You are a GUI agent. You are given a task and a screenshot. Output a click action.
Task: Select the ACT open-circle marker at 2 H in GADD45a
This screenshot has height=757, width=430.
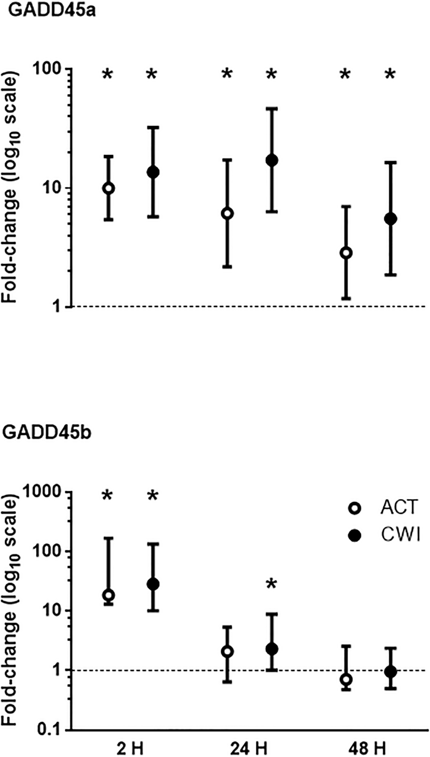coord(108,188)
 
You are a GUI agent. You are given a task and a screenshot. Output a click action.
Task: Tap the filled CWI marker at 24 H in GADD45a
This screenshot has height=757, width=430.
coord(272,160)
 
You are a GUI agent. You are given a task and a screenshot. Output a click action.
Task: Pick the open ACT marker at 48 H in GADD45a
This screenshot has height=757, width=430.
coord(346,253)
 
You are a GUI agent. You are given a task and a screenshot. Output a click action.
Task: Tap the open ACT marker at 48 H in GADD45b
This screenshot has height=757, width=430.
coord(346,688)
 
